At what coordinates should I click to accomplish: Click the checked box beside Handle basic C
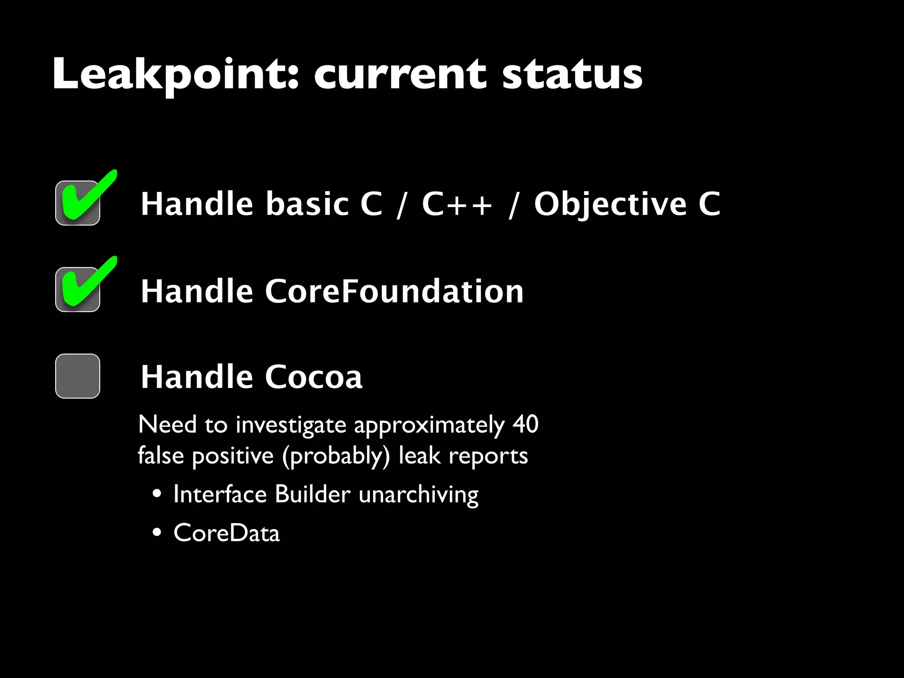[x=78, y=203]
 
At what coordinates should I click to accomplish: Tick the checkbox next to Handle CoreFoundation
[x=78, y=290]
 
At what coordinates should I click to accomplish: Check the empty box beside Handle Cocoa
[x=78, y=376]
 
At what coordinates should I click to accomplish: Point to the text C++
[x=456, y=204]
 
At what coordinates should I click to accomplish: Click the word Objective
[x=610, y=205]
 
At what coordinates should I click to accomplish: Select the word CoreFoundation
[x=394, y=291]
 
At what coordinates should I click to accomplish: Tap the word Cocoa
[x=313, y=377]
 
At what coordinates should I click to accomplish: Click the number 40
[x=525, y=425]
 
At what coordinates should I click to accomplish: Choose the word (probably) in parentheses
[x=336, y=456]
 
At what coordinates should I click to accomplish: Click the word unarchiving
[x=418, y=494]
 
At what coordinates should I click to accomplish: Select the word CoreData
[x=226, y=533]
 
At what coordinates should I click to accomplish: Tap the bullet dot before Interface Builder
[x=157, y=494]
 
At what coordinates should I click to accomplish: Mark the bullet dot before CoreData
[x=157, y=532]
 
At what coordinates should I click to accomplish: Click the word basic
[x=307, y=204]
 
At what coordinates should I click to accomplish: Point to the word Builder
[x=313, y=494]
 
